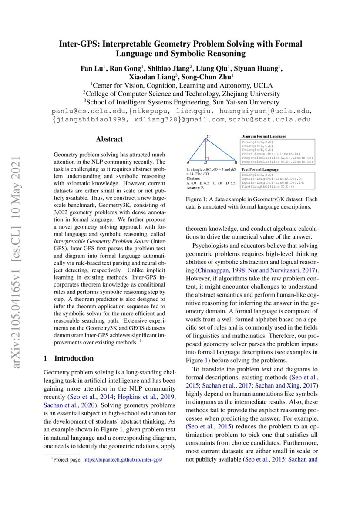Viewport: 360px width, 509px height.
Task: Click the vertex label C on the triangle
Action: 208,137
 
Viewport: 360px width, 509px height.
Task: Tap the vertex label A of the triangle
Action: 188,162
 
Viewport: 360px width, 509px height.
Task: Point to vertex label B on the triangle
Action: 235,162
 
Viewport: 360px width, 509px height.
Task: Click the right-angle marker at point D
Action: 208,158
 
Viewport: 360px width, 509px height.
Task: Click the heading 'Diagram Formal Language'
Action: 263,136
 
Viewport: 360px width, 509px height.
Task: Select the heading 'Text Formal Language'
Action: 260,169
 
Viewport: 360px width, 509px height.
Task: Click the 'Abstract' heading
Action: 109,139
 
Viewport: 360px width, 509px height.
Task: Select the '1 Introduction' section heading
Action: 69,358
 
